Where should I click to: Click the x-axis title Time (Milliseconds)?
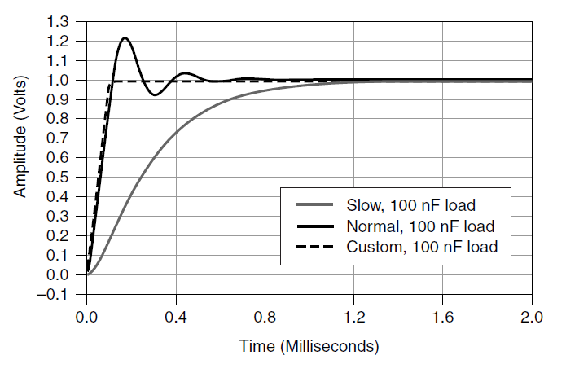pos(309,346)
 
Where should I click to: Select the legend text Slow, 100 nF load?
pos(409,204)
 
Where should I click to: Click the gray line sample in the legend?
pos(314,204)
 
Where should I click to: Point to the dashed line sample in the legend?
pos(314,246)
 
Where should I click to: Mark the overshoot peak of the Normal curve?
pos(125,38)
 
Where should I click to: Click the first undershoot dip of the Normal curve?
pos(156,95)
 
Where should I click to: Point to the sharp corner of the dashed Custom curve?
pos(111,81)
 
